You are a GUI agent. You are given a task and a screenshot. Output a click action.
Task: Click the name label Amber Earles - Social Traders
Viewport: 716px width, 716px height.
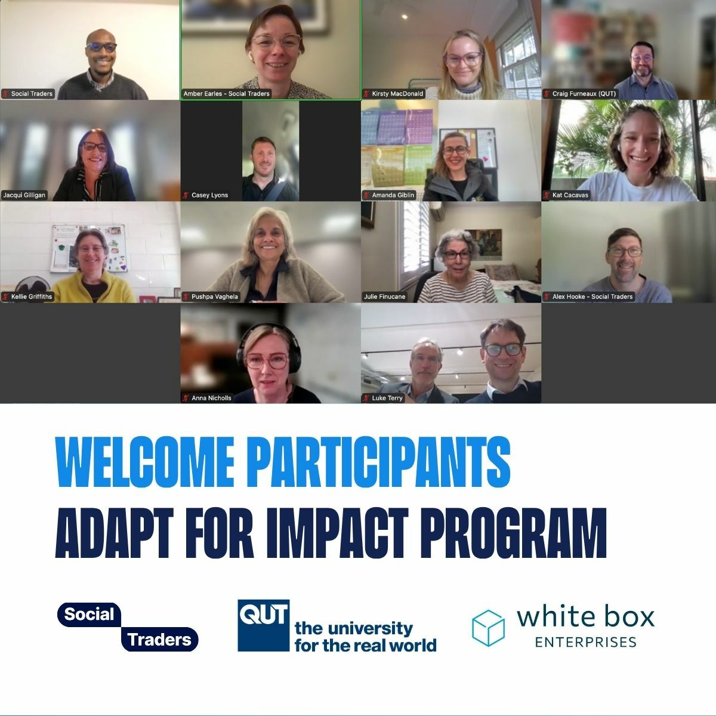(227, 94)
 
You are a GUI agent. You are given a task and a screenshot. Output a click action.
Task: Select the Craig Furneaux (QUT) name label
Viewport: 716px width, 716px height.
(580, 94)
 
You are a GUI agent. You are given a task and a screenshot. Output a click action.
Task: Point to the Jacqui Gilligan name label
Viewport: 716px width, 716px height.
(24, 195)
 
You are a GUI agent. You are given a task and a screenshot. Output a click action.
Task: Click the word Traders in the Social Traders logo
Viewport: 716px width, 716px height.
(159, 640)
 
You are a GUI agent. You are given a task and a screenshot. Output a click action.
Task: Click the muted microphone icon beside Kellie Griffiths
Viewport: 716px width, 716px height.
(6, 297)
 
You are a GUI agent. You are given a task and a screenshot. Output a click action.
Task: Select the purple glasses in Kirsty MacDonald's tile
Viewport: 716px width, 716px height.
(462, 59)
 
